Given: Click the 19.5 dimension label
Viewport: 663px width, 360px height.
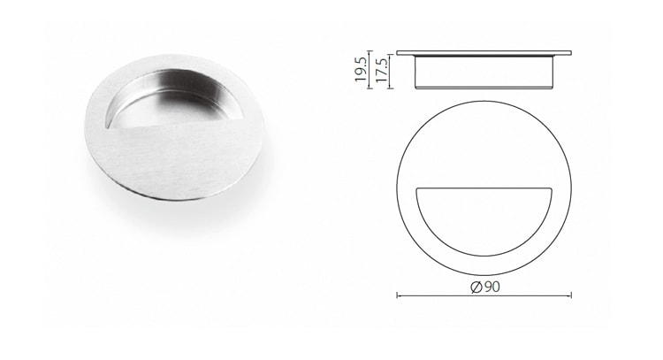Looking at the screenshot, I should coord(360,68).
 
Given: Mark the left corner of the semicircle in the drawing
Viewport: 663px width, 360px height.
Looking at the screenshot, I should coord(414,189).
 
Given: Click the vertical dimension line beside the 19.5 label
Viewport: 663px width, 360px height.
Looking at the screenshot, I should coord(369,68).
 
